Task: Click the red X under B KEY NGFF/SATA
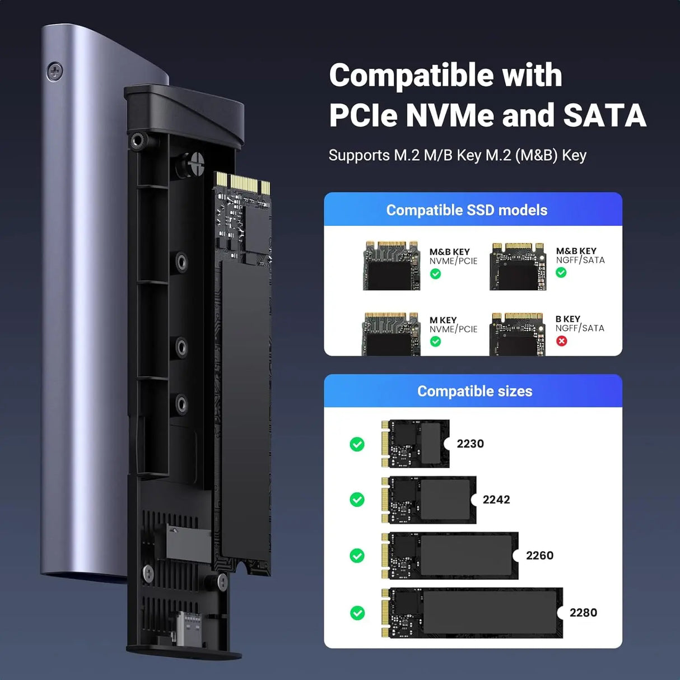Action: click(x=561, y=341)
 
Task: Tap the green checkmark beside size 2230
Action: click(x=357, y=444)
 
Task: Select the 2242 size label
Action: click(x=496, y=500)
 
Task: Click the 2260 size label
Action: click(x=539, y=556)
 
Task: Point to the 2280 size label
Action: click(x=583, y=613)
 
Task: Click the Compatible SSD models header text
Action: click(x=467, y=210)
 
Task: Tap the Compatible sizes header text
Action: click(x=474, y=391)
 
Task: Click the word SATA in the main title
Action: click(x=604, y=115)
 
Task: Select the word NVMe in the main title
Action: click(x=450, y=115)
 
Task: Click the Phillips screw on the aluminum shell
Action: click(x=54, y=71)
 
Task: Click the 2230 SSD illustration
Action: click(x=415, y=444)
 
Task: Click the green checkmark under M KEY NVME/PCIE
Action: click(x=435, y=342)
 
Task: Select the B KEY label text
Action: click(x=567, y=319)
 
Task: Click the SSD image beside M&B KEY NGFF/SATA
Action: click(x=518, y=267)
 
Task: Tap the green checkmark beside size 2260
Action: click(x=357, y=556)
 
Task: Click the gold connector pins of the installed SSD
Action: click(x=243, y=183)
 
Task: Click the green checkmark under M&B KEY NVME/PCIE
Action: click(x=435, y=274)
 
